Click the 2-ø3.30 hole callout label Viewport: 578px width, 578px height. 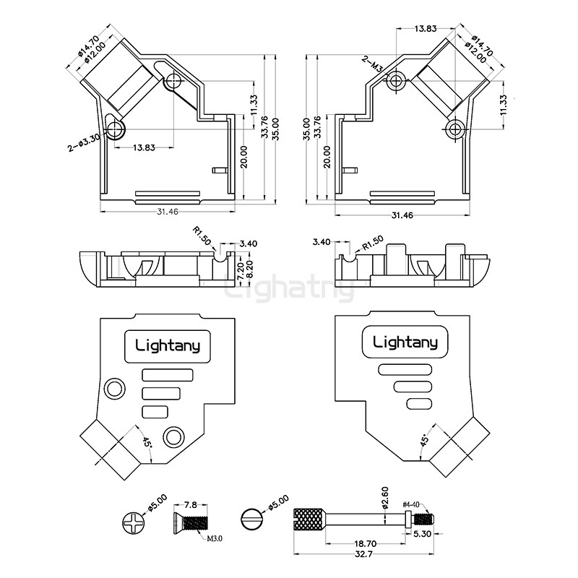pyautogui.click(x=83, y=143)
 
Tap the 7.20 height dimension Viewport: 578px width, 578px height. pyautogui.click(x=241, y=269)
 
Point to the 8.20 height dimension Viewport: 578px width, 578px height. pyautogui.click(x=251, y=269)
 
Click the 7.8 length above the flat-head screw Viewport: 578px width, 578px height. pyautogui.click(x=191, y=504)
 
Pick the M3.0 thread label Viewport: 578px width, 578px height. pyautogui.click(x=214, y=538)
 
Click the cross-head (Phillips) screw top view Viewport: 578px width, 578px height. pyautogui.click(x=134, y=520)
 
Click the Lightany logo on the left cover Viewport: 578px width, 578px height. pyautogui.click(x=168, y=344)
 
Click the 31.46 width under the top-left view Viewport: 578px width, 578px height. pyautogui.click(x=168, y=211)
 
